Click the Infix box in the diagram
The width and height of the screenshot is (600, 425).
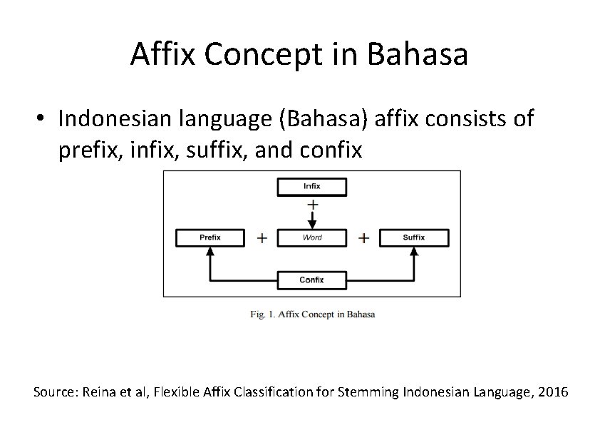click(311, 187)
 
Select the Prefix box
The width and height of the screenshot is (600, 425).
click(210, 237)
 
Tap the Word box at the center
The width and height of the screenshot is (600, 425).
click(311, 237)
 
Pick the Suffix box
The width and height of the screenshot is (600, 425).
click(414, 237)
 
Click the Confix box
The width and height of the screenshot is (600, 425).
click(311, 280)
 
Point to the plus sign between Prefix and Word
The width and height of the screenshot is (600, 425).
click(262, 238)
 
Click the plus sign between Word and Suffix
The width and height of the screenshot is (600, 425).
click(363, 238)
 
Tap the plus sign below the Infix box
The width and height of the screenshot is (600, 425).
click(312, 204)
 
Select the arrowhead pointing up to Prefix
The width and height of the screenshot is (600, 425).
click(210, 253)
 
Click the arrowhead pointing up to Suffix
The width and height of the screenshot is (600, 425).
click(414, 253)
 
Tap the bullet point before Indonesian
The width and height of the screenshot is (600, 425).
click(44, 119)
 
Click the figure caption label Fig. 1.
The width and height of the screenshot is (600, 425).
click(263, 314)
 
